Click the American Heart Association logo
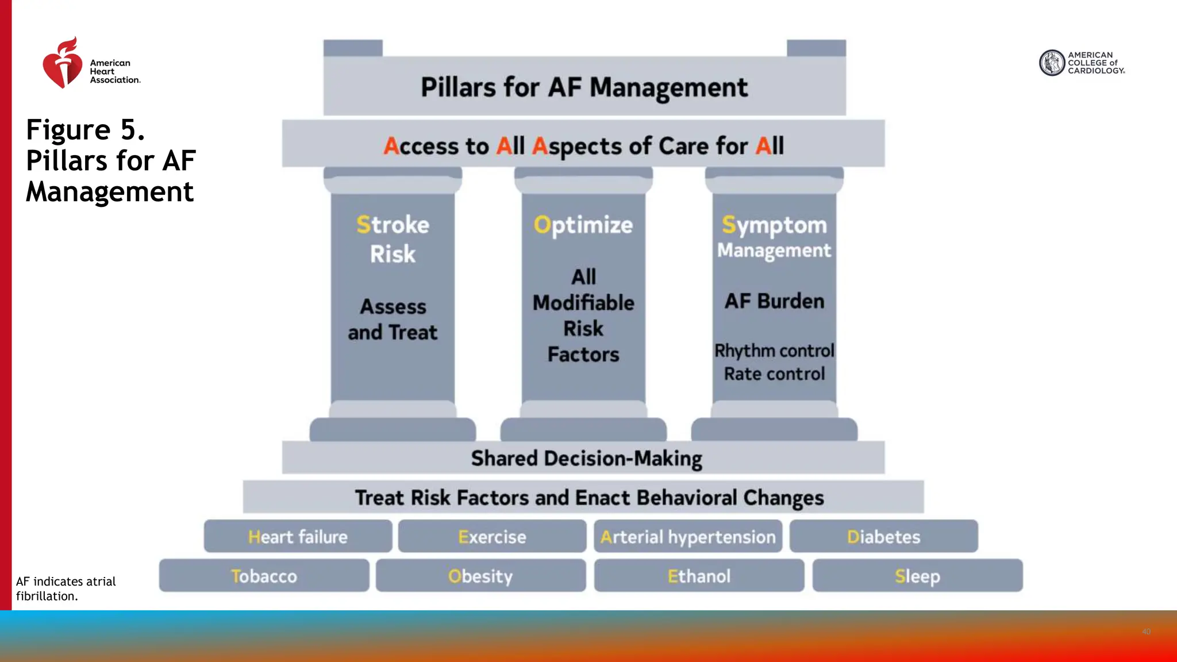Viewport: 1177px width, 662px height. point(90,64)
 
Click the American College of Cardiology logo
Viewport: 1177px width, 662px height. point(1081,63)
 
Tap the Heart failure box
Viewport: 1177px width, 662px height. point(298,537)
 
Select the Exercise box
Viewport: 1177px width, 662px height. point(492,537)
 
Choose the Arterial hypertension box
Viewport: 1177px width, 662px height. point(687,537)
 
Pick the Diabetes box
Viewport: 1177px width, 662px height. point(883,537)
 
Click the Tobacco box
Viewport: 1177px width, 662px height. point(264,576)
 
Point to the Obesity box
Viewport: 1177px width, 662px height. point(480,576)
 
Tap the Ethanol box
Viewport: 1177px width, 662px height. point(699,576)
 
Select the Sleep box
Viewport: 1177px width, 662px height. point(917,576)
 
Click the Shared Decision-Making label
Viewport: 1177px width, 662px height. point(586,459)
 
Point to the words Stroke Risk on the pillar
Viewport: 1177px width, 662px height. point(393,239)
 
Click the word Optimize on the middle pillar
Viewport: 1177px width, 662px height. point(583,225)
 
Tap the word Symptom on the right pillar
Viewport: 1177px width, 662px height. point(774,225)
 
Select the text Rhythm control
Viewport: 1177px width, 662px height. point(774,351)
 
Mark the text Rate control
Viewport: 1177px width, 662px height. point(774,374)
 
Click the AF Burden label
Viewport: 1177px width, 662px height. point(774,301)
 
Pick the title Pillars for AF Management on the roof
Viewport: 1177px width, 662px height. point(584,87)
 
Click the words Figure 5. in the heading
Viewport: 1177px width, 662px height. point(85,130)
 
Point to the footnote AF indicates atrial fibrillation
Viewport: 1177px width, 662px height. point(66,588)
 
